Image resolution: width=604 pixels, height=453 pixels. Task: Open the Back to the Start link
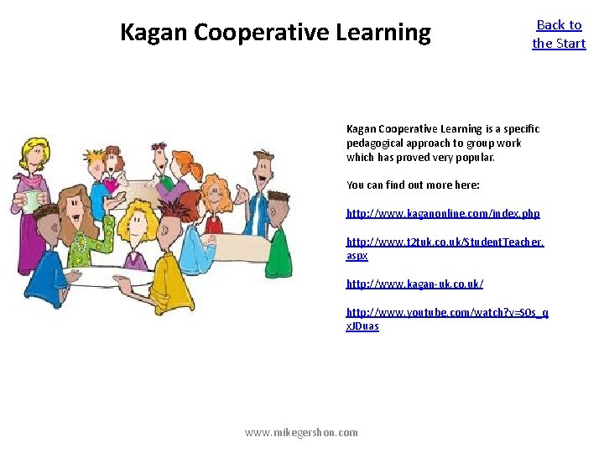(559, 34)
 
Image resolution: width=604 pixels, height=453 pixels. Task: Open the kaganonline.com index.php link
(443, 213)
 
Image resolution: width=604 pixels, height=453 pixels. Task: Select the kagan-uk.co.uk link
(414, 284)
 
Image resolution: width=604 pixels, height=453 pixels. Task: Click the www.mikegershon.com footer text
(301, 432)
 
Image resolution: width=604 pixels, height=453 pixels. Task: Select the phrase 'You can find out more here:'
(413, 185)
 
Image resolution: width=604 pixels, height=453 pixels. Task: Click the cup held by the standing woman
(32, 200)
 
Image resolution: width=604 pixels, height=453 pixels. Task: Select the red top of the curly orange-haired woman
(214, 224)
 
